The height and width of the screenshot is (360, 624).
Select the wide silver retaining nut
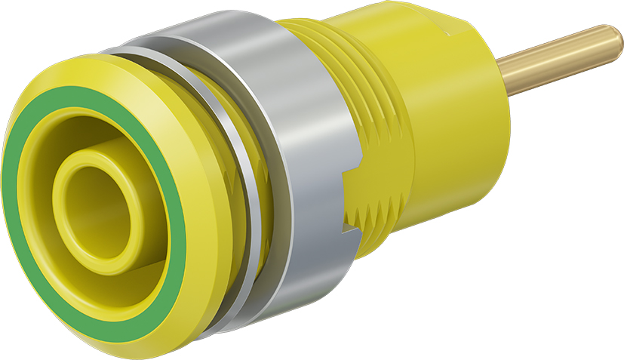302,151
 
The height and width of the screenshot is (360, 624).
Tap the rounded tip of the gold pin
615,38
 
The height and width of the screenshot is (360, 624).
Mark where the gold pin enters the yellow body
504,75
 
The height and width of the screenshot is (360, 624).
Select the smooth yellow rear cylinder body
438,136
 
